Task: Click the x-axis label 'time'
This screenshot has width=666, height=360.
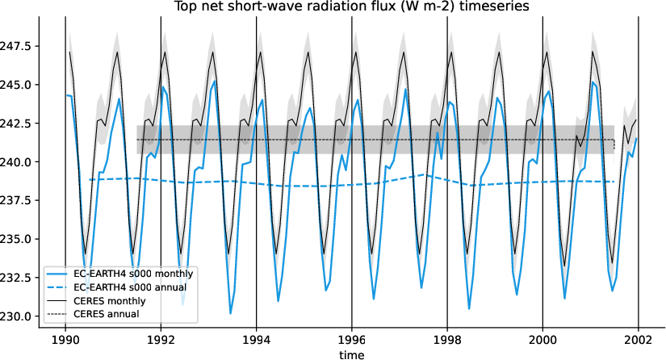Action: [x=352, y=354]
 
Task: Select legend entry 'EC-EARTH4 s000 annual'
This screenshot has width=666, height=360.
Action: [x=130, y=287]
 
